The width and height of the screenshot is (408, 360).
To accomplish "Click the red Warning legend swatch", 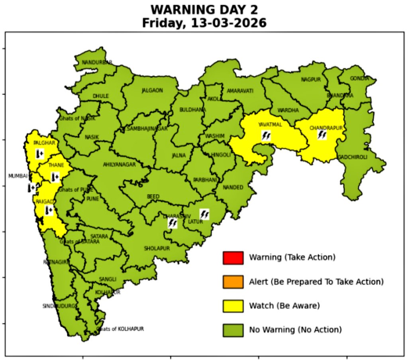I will click(233, 258).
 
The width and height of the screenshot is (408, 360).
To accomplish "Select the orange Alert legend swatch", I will click(233, 282).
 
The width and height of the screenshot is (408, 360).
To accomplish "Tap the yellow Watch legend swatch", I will click(233, 306).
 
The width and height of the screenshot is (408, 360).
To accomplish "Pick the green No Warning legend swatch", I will click(233, 330).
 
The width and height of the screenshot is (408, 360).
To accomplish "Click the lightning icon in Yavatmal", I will click(266, 136).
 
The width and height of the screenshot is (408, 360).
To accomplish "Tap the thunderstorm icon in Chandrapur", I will click(322, 135).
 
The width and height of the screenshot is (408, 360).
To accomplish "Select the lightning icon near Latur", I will click(204, 214).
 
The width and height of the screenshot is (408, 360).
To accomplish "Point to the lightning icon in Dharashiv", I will click(173, 223).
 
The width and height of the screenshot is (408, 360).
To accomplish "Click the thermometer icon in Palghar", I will click(39, 153).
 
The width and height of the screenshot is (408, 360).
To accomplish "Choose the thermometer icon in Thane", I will click(55, 176).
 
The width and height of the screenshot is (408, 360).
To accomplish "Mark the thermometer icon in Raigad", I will click(49, 210).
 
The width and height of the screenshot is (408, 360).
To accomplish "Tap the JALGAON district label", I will click(152, 90).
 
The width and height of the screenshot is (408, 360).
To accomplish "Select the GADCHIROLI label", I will click(353, 157).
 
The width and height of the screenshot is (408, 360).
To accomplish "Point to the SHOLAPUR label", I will click(157, 248).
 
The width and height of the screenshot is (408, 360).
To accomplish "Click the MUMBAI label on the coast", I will click(18, 176).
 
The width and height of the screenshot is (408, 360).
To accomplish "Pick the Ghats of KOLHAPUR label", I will click(120, 329).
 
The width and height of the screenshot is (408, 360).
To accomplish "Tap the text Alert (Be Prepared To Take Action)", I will click(316, 282).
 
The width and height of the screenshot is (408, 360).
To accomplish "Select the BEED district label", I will click(153, 197).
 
